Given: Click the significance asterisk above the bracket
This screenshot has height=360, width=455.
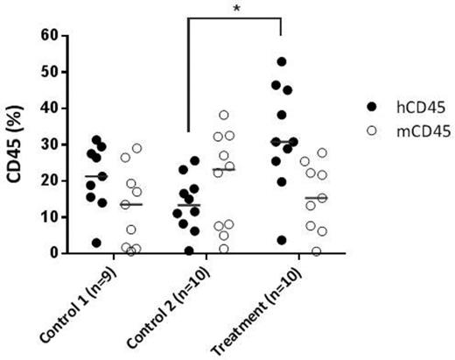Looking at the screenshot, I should pyautogui.click(x=234, y=8).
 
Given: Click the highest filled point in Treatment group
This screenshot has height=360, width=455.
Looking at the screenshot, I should pyautogui.click(x=282, y=62).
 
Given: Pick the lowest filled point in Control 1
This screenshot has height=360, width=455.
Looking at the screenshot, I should pyautogui.click(x=97, y=243).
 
